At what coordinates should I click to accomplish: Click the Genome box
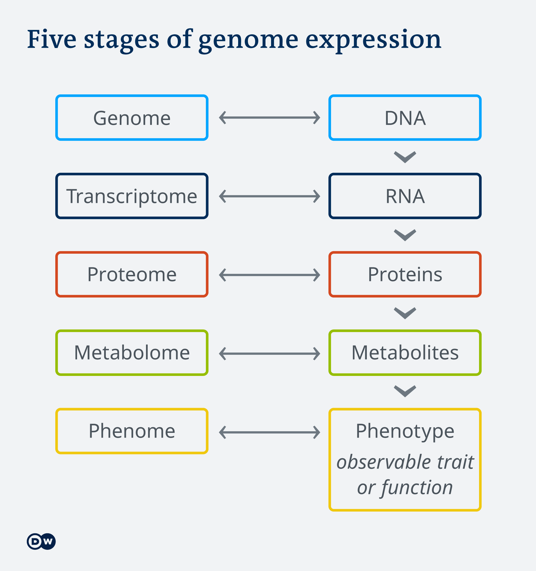pyautogui.click(x=132, y=118)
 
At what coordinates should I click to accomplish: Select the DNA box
pyautogui.click(x=405, y=118)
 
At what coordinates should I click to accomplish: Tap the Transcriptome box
pyautogui.click(x=132, y=196)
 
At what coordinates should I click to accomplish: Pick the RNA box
pyautogui.click(x=405, y=196)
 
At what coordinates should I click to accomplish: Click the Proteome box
pyautogui.click(x=132, y=275)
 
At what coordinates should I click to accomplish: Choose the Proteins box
pyautogui.click(x=405, y=275)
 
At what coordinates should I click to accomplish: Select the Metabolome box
pyautogui.click(x=132, y=353)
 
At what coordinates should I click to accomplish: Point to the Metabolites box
pyautogui.click(x=405, y=353)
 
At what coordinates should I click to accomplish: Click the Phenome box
pyautogui.click(x=132, y=431)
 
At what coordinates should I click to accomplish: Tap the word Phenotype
pyautogui.click(x=405, y=431)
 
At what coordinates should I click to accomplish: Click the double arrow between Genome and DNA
pyautogui.click(x=269, y=118)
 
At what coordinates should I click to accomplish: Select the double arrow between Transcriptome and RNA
pyautogui.click(x=269, y=196)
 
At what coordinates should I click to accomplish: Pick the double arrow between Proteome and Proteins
pyautogui.click(x=269, y=275)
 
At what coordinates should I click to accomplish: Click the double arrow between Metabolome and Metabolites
pyautogui.click(x=269, y=354)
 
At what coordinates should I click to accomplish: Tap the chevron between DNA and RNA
pyautogui.click(x=405, y=157)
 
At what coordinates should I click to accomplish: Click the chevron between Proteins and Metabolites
pyautogui.click(x=405, y=313)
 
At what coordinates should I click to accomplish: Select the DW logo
pyautogui.click(x=41, y=541)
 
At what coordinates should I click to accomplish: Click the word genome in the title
pyautogui.click(x=248, y=40)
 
